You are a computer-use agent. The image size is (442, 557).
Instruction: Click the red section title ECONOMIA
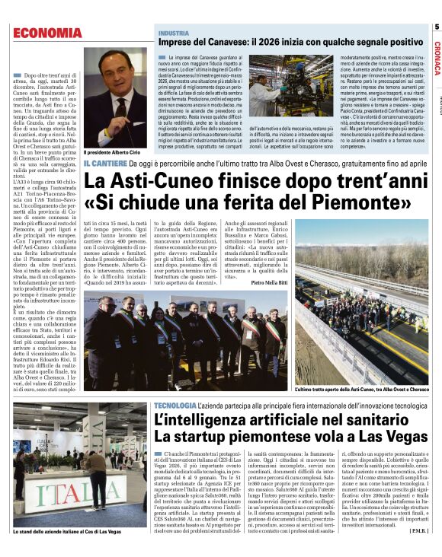point(47,32)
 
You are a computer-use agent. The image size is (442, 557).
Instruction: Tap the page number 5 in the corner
point(437,27)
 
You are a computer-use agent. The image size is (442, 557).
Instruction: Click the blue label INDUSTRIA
point(174,33)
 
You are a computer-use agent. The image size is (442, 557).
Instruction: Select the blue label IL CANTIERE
point(104,163)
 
